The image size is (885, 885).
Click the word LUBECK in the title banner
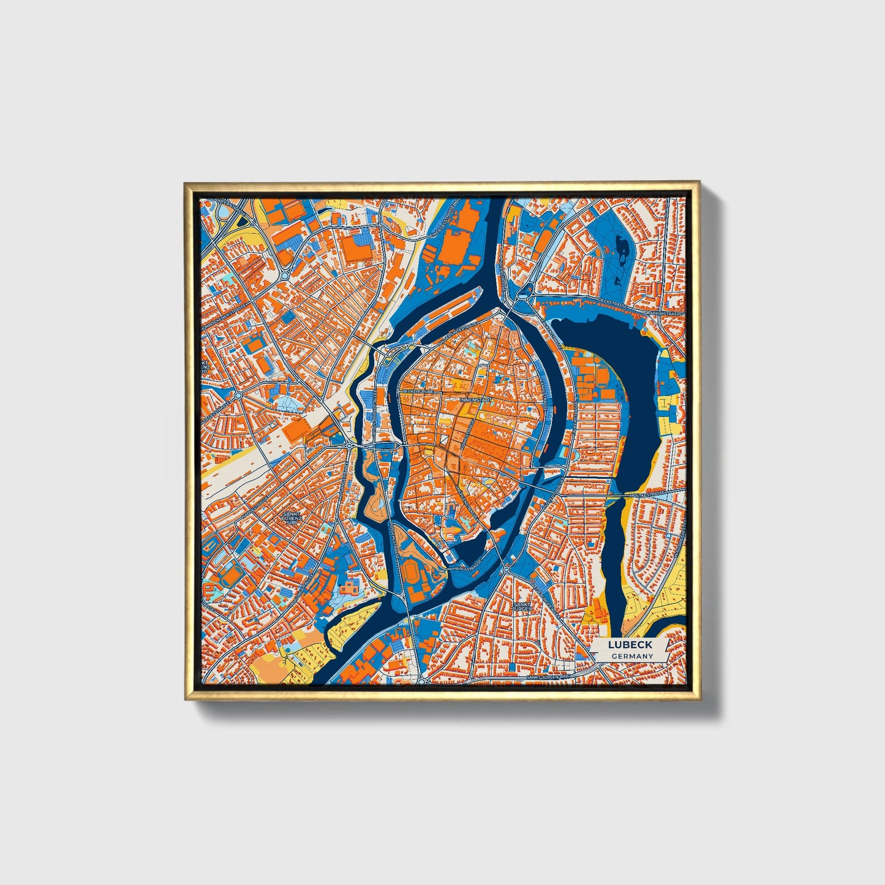tap(630, 644)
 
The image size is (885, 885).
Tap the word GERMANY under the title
tap(631, 656)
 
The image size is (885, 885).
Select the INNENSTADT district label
tap(475, 399)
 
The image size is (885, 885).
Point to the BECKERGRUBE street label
tap(418, 390)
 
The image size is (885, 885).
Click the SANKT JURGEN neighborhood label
tap(521, 606)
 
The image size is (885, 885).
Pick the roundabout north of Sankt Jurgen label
tap(506, 570)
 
